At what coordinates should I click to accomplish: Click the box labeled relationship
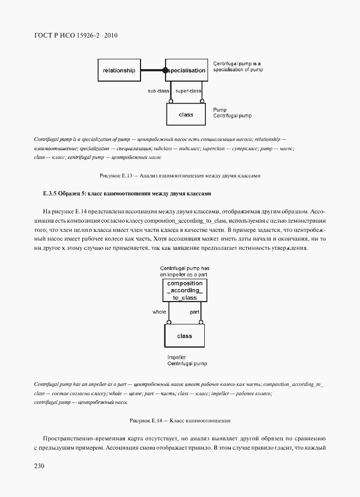[x=119, y=70]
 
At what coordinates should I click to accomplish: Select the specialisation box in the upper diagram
[x=186, y=70]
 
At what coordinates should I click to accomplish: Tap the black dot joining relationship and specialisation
[x=165, y=70]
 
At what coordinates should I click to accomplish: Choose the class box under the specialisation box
[x=186, y=115]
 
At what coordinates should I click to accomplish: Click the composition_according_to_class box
[x=185, y=291]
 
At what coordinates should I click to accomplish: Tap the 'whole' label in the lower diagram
[x=159, y=312]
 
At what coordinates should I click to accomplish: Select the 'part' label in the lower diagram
[x=194, y=312]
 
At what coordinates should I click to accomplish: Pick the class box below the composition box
[x=185, y=336]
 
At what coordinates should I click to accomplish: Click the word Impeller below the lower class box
[x=177, y=357]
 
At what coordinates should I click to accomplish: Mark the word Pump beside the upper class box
[x=219, y=110]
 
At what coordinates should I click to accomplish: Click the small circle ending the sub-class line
[x=170, y=101]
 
